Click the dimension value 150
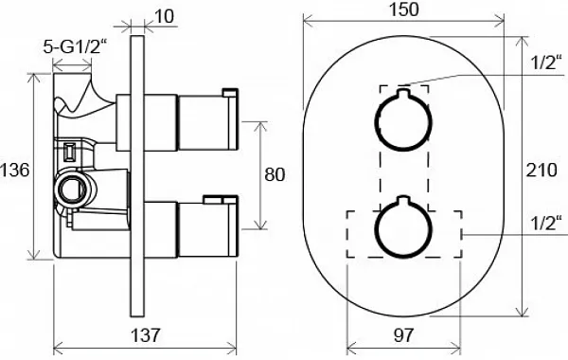(x=404, y=9)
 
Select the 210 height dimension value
(x=541, y=170)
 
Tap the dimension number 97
(x=403, y=335)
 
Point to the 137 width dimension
(x=145, y=335)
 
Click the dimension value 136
(x=14, y=170)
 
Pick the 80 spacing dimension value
(x=275, y=174)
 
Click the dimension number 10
(x=164, y=16)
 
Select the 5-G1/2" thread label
(x=76, y=46)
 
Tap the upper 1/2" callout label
(x=546, y=63)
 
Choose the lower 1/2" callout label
(x=546, y=223)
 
